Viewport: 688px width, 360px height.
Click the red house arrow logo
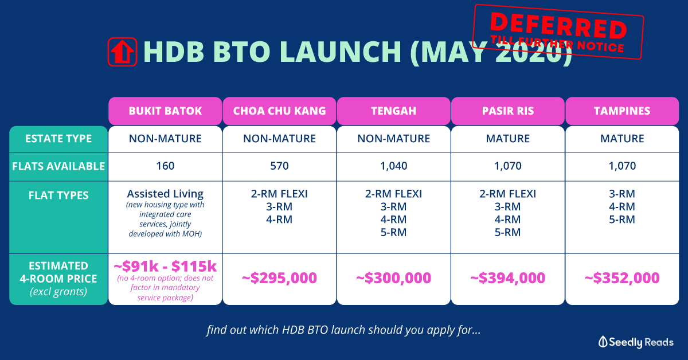[x=122, y=52]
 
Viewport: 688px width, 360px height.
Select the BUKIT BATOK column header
[x=165, y=111]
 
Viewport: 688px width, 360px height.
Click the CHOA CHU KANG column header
[x=280, y=111]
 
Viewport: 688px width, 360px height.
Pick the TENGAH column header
[x=394, y=111]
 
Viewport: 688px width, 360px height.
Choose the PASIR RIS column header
[x=508, y=111]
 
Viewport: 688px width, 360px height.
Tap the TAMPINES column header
[x=622, y=111]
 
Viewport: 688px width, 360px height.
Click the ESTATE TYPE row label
[x=58, y=139]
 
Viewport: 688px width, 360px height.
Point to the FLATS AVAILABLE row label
[x=58, y=166]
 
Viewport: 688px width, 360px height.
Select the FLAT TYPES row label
[x=58, y=195]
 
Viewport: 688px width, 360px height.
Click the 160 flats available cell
[x=165, y=166]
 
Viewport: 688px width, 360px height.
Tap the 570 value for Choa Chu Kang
[x=280, y=166]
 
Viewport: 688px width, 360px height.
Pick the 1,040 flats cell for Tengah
[x=394, y=166]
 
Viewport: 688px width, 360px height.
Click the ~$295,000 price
[x=280, y=278]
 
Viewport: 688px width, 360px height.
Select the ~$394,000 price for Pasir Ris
[x=508, y=278]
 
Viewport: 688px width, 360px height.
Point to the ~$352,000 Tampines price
[x=622, y=278]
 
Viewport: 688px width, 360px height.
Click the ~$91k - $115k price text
[x=165, y=267]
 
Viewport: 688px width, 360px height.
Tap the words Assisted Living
[x=165, y=194]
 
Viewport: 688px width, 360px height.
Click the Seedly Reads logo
[x=636, y=342]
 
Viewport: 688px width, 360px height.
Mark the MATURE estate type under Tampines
[x=622, y=139]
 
